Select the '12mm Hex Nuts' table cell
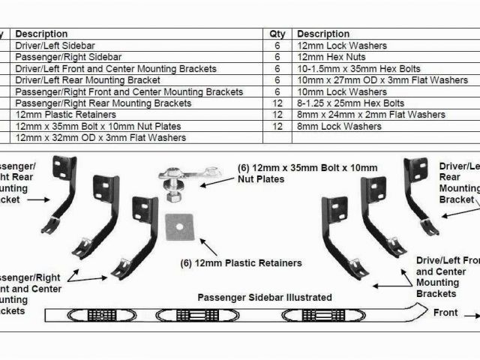click(x=328, y=57)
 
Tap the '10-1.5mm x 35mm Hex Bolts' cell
click(x=350, y=69)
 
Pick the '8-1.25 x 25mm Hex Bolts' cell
click(x=350, y=103)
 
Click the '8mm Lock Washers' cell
click(x=328, y=127)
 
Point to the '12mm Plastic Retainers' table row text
click(x=66, y=115)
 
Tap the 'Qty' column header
click(x=277, y=34)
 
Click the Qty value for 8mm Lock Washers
click(x=277, y=127)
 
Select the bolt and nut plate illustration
click(x=178, y=182)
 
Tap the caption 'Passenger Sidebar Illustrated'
click(x=254, y=297)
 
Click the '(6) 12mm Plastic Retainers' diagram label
click(x=241, y=263)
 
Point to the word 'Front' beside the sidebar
click(x=446, y=311)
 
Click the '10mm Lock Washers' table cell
click(x=331, y=92)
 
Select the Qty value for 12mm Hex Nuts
click(x=277, y=57)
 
